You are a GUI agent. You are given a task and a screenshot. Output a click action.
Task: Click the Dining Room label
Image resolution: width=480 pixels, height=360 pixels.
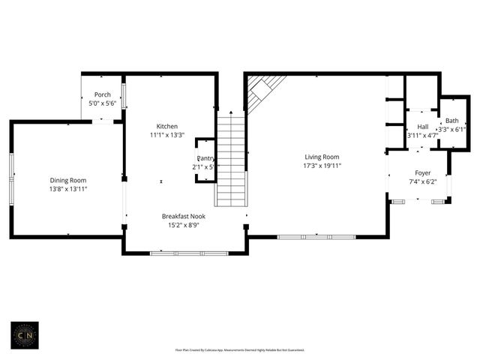coord(68,180)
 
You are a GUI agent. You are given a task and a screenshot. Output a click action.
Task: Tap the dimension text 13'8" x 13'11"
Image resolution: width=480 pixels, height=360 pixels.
coord(68,189)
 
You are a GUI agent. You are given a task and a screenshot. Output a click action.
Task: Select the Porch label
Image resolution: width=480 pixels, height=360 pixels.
coord(102,94)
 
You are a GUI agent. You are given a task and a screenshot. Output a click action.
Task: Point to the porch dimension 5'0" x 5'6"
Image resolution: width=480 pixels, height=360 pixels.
coord(102,103)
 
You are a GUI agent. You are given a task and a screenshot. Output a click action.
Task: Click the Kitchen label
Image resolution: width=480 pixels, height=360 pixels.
coord(166,126)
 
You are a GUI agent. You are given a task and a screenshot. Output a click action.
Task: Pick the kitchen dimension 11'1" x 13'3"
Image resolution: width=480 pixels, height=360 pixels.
coord(166,135)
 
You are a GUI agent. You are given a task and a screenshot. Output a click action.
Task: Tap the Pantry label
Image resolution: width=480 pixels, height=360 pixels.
coord(206,158)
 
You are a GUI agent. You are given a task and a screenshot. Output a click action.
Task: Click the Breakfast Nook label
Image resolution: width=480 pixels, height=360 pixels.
coord(184,216)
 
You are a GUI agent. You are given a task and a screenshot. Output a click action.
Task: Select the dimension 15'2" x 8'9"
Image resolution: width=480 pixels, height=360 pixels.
coord(184,225)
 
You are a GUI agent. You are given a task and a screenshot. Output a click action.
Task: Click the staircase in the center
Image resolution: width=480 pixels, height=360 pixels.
coord(230,160)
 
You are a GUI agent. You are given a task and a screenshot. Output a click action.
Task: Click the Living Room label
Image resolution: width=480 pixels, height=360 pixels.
coord(321,157)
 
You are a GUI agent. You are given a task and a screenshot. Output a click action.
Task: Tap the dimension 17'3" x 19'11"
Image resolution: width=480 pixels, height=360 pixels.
coord(321,166)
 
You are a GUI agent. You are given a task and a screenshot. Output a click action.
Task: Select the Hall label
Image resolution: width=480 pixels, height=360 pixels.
coord(422,127)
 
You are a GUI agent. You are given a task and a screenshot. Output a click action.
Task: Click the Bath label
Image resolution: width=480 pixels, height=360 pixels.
coord(451,121)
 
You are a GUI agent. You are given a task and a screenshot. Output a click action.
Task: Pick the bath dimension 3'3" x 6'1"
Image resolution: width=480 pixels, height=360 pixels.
coord(452,130)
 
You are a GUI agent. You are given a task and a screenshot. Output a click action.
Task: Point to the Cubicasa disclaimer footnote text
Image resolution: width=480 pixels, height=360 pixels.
coord(240,349)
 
